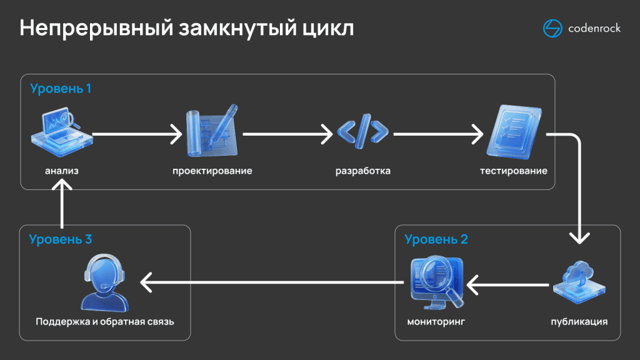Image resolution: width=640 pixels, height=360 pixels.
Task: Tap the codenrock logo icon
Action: (553, 29)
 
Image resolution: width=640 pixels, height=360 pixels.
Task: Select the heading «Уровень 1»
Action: (61, 88)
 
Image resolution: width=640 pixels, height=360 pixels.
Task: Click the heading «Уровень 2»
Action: (436, 239)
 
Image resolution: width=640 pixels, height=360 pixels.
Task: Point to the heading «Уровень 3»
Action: (61, 239)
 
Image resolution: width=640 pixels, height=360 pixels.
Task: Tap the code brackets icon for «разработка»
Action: (362, 133)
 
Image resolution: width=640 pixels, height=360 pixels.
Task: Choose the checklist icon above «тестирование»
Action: (513, 132)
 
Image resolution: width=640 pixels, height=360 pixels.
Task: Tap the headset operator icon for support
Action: (104, 284)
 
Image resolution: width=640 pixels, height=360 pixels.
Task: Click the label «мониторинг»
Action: (436, 322)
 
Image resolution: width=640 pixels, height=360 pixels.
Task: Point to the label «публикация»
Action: (579, 322)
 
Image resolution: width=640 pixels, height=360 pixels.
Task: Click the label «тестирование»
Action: (514, 171)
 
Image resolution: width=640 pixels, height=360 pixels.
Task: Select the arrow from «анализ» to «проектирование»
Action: (137, 133)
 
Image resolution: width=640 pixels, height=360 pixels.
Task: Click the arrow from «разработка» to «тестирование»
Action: (438, 133)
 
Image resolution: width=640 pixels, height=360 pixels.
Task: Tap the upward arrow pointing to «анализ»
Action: (62, 203)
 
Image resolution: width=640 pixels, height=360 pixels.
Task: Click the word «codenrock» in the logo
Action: (594, 29)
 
